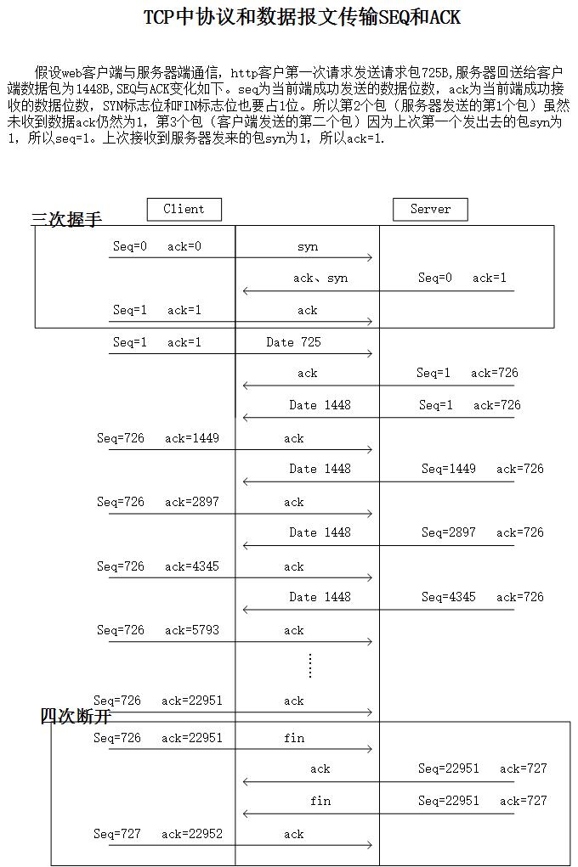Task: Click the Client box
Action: [184, 209]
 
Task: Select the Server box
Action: [430, 209]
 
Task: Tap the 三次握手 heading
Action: [66, 220]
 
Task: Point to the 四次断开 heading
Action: [76, 716]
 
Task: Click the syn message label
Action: [308, 247]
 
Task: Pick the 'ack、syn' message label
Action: [320, 279]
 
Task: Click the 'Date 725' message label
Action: [293, 342]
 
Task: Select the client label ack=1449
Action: [192, 439]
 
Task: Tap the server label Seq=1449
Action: [449, 469]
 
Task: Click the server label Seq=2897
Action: [449, 532]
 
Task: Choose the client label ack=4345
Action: [192, 566]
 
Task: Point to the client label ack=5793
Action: [192, 630]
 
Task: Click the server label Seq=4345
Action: [449, 597]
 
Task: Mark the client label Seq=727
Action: [117, 834]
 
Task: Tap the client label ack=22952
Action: [192, 834]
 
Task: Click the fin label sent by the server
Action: [320, 801]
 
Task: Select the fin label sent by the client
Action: [294, 738]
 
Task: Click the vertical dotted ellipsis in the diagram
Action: [310, 666]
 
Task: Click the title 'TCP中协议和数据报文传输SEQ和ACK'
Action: [302, 18]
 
